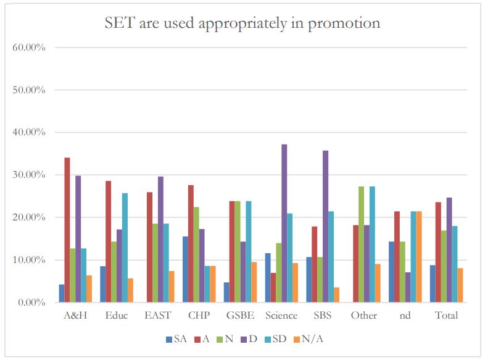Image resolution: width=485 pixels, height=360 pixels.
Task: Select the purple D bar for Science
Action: pyautogui.click(x=284, y=223)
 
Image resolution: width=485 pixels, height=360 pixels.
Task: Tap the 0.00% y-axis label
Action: pyautogui.click(x=31, y=303)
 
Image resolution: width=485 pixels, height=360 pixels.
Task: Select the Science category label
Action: pyautogui.click(x=281, y=316)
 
